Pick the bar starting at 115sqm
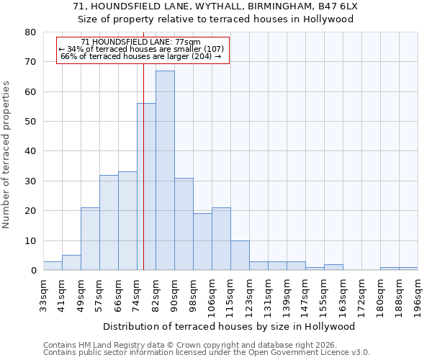pyautogui.click(x=240, y=256)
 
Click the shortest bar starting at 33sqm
pyautogui.click(x=53, y=266)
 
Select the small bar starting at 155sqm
pyautogui.click(x=333, y=267)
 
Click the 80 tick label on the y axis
pyautogui.click(x=30, y=32)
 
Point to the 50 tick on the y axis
pyautogui.click(x=30, y=122)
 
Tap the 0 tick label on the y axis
pyautogui.click(x=32, y=271)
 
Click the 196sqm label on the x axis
pyautogui.click(x=418, y=295)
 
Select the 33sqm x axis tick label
pyautogui.click(x=43, y=295)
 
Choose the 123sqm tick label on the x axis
pyautogui.click(x=249, y=295)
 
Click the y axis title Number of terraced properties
pyautogui.click(x=7, y=155)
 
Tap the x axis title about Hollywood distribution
pyautogui.click(x=230, y=326)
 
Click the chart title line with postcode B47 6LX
pyautogui.click(x=216, y=6)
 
